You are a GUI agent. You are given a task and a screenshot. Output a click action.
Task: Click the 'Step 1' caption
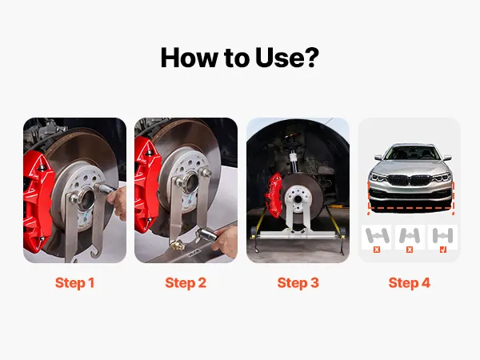point(74,283)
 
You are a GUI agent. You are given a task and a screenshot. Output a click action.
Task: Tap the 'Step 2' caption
point(186,283)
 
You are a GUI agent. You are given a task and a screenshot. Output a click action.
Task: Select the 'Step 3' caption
point(298,283)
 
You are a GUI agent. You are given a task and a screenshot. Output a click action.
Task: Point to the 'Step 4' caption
point(410,283)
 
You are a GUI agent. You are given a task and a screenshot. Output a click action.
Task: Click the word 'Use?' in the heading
point(287,58)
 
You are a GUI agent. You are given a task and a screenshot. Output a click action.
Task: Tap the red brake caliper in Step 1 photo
point(38,199)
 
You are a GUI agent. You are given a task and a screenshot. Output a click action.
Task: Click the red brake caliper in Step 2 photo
point(146,185)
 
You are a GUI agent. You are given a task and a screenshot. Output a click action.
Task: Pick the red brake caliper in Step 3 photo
point(274,194)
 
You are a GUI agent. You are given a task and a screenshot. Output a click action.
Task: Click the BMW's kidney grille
point(410,180)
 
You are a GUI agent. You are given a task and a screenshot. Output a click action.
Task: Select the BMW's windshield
point(410,153)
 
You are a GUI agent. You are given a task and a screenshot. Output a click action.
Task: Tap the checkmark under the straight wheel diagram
point(442,250)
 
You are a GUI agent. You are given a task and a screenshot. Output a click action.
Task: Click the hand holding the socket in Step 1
point(117,202)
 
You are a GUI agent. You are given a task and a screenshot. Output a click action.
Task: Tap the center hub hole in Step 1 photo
point(86,199)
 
